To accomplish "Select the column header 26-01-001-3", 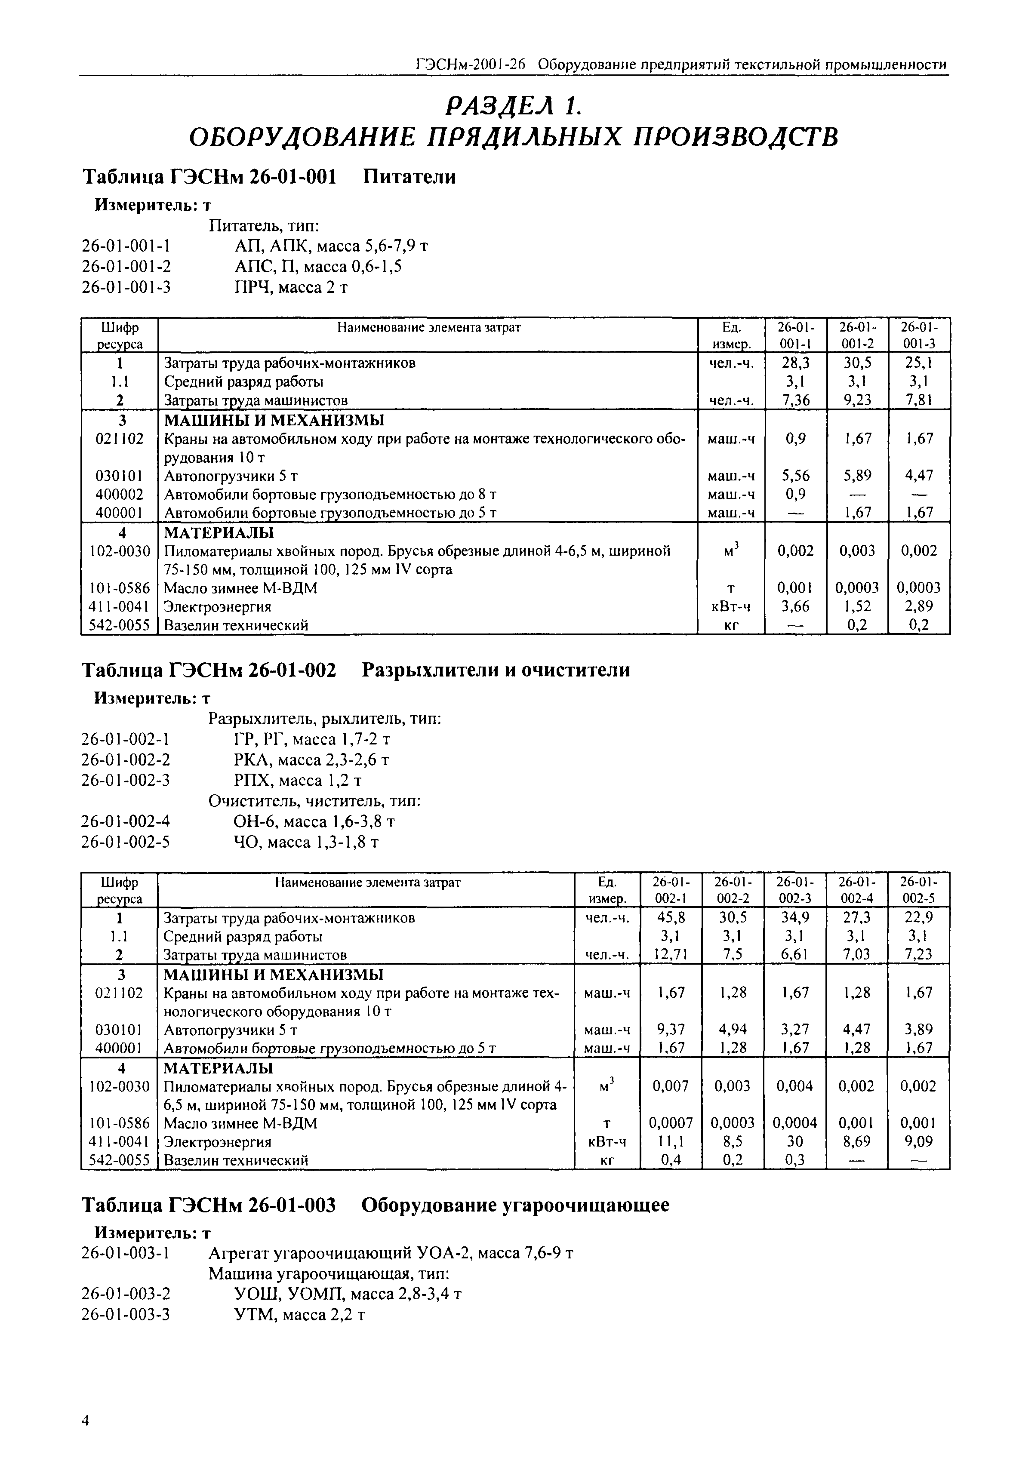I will tap(919, 335).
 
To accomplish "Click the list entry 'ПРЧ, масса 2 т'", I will tap(291, 288).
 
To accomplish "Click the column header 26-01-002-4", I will tap(856, 890).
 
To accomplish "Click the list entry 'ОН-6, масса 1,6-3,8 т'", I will tap(314, 821).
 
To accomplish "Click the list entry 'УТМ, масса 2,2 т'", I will tap(299, 1314).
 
